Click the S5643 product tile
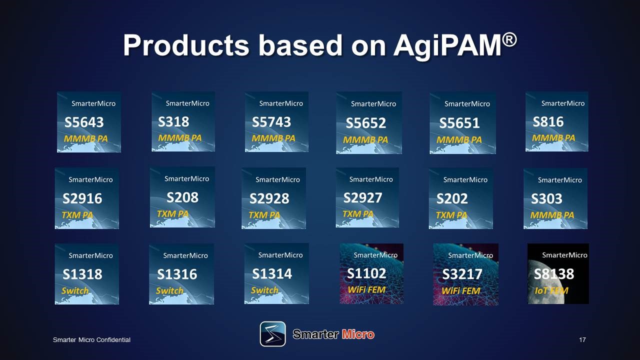coord(89,122)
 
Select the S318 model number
coord(173,121)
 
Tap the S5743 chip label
coord(271,122)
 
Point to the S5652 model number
coord(365,123)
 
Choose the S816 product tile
coord(556,121)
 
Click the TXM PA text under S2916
coord(77,215)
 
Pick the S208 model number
coord(182,197)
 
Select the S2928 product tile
coord(273,198)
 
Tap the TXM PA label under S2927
coord(358,213)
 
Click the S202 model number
coord(452,198)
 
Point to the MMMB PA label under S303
coord(552,215)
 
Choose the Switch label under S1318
coord(75,290)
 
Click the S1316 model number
coord(177,274)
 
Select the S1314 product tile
coord(276,273)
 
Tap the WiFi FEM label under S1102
coord(366,289)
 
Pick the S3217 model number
coord(462,274)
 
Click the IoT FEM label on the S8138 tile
coord(551,290)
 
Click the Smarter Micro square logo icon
coord(273,334)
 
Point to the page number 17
coord(582,339)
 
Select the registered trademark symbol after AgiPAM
coord(509,40)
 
